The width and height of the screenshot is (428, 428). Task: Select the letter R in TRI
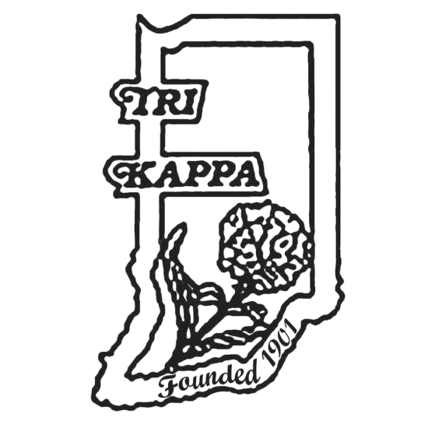pyautogui.click(x=169, y=103)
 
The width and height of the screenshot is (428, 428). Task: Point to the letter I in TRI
pyautogui.click(x=189, y=103)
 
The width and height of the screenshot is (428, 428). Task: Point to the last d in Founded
pyautogui.click(x=251, y=374)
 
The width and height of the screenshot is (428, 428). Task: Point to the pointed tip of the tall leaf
pyautogui.click(x=184, y=224)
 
